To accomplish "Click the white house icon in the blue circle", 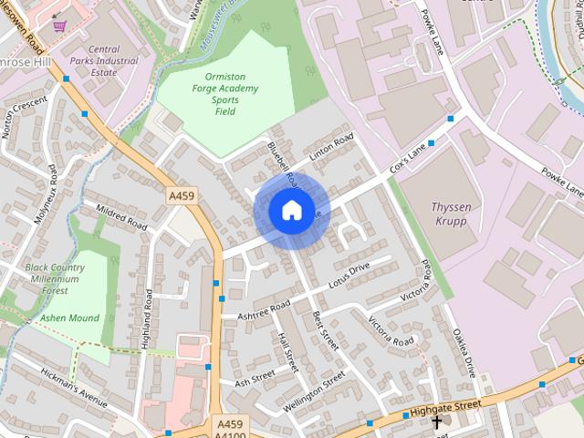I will [291, 210].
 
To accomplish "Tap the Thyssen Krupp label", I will [452, 214].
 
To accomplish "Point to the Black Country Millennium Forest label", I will [55, 278].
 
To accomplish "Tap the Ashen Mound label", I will [69, 318].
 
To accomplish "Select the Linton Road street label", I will [330, 149].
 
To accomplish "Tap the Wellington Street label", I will [314, 390].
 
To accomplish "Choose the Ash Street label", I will [255, 379].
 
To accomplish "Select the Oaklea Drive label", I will [465, 354].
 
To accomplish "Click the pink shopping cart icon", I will [60, 26].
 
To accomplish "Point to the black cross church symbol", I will [436, 422].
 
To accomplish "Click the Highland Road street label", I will [147, 318].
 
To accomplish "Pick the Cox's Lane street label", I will [409, 160].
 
